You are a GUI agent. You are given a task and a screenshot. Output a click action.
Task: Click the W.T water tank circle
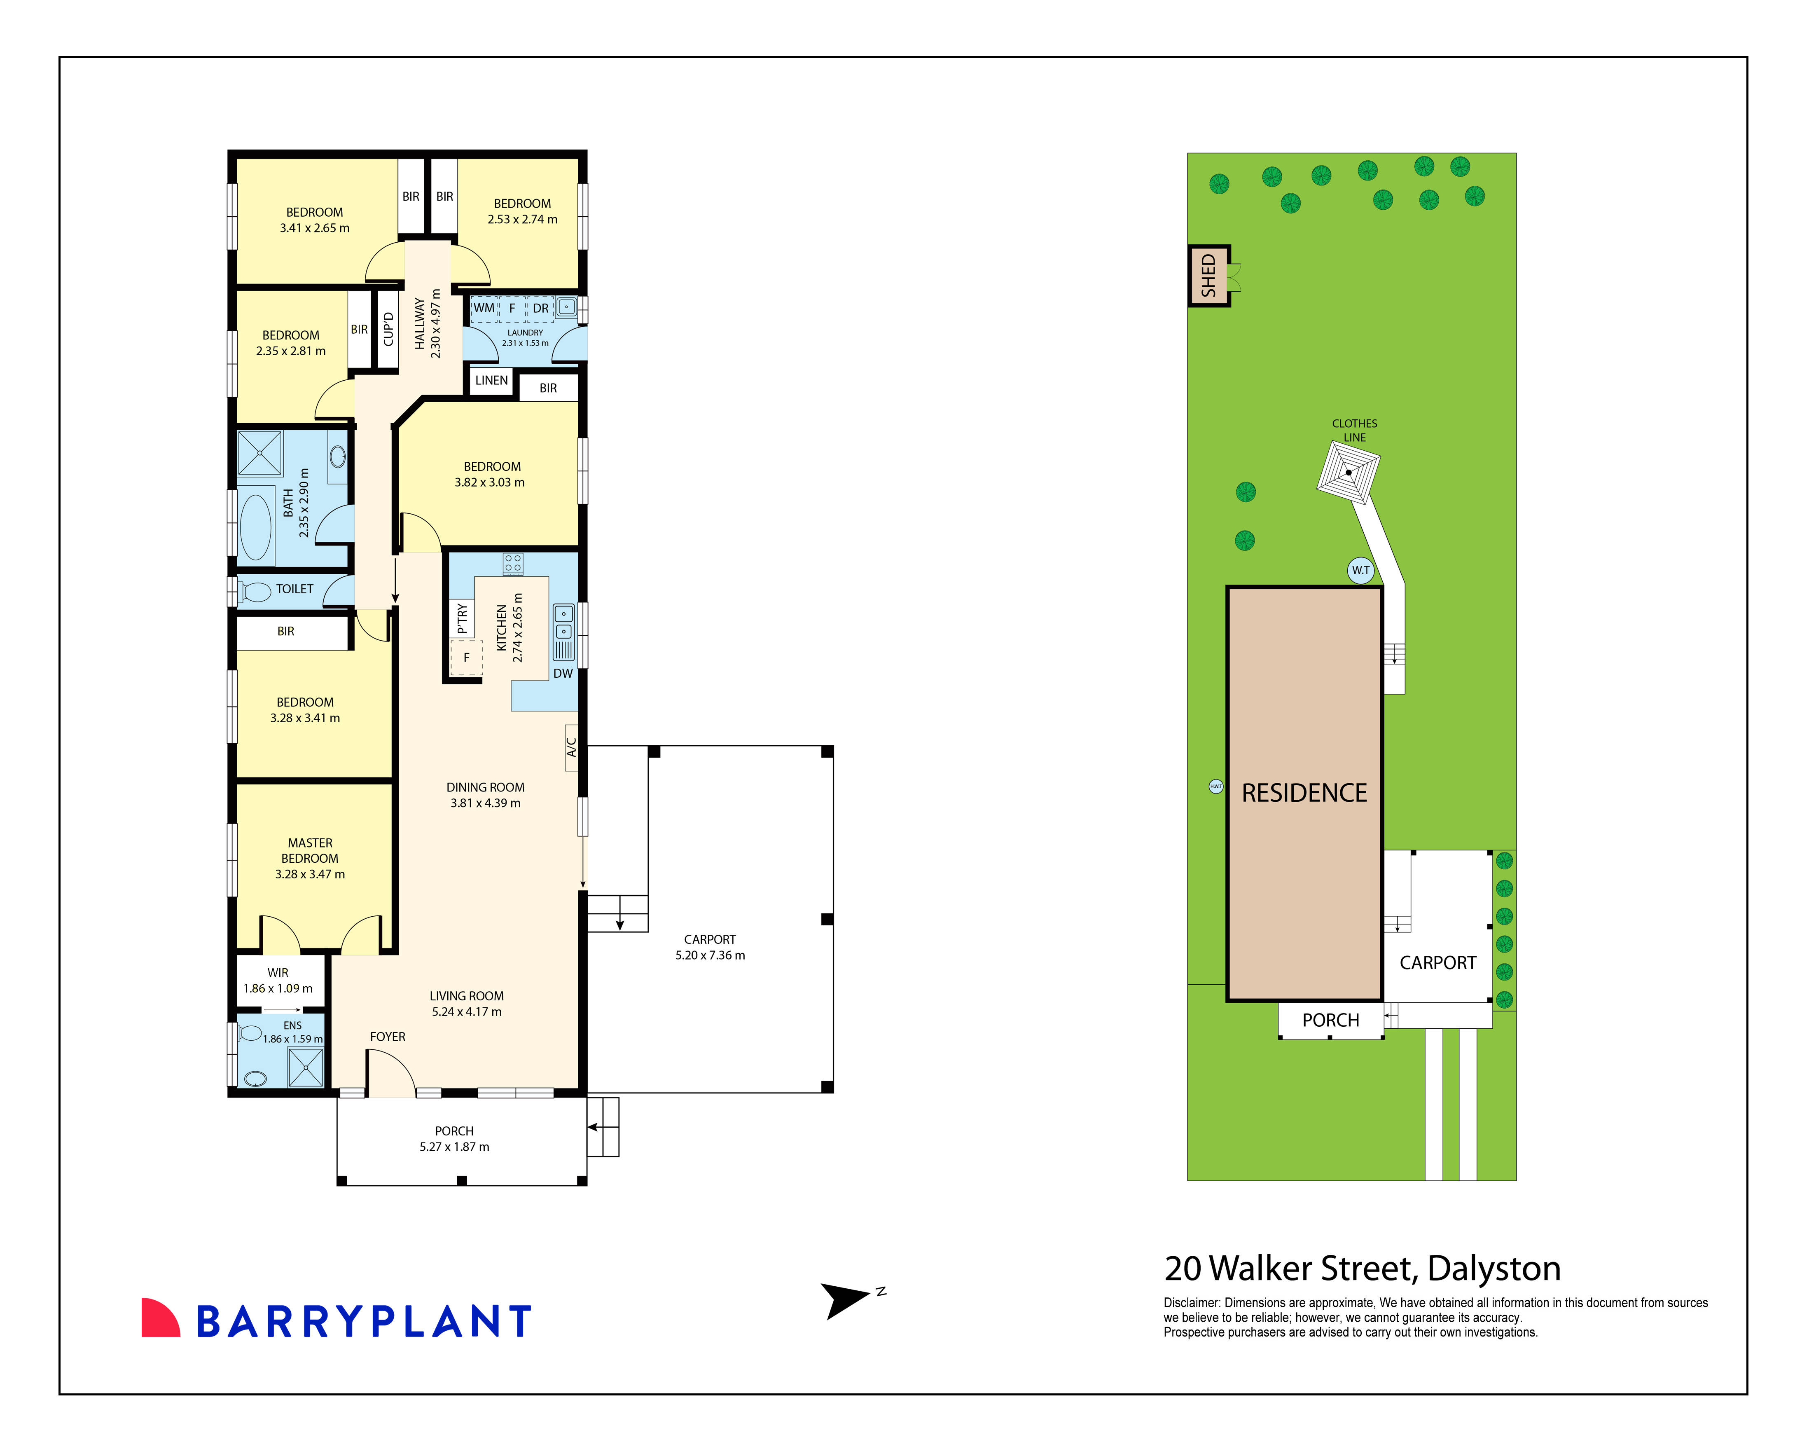[x=1361, y=570]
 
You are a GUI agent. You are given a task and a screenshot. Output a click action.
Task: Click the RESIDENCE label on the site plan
[x=1304, y=792]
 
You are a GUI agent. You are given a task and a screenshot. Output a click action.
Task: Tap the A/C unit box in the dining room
[x=572, y=747]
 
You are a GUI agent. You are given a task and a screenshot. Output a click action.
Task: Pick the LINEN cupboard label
[x=491, y=380]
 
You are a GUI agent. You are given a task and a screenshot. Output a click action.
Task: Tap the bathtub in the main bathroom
[x=256, y=527]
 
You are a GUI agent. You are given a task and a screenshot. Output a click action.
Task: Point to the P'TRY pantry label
[x=462, y=618]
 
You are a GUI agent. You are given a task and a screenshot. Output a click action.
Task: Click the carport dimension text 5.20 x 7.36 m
[x=710, y=955]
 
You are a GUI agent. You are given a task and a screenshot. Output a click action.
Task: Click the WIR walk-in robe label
[x=278, y=972]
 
